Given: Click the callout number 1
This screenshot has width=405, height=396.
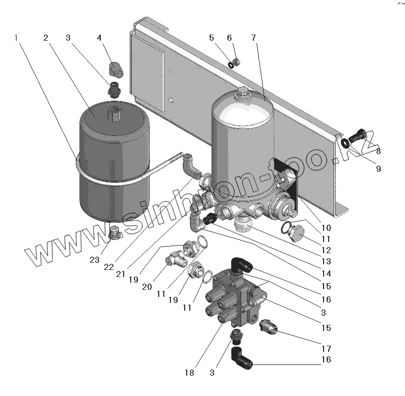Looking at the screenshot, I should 17,38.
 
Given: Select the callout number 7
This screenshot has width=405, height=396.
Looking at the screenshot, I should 253,38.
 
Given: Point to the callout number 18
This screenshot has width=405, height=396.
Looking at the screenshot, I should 189,373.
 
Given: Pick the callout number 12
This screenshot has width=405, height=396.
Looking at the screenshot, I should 326,250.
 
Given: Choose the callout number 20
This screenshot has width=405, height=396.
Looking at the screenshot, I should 147,287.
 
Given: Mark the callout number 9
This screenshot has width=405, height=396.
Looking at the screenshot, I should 378,169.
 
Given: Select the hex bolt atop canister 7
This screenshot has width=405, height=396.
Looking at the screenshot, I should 242,94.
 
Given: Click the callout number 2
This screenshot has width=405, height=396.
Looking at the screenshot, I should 46,38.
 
